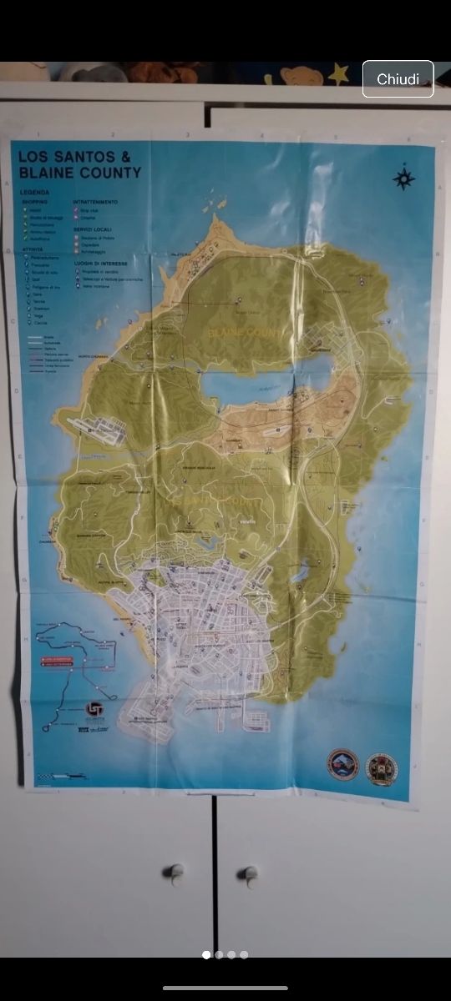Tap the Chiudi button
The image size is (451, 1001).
[x=398, y=79]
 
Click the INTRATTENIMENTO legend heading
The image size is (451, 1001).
[x=95, y=202]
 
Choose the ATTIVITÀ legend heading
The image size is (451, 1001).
[x=34, y=249]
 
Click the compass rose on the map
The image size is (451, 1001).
[x=403, y=179]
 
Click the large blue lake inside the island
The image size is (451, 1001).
[x=251, y=385]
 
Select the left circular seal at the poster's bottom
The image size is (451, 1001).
[x=342, y=763]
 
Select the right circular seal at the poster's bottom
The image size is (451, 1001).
[x=382, y=767]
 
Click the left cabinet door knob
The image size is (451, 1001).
[x=176, y=872]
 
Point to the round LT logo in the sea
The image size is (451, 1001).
[x=95, y=710]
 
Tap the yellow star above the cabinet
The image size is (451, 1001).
[x=338, y=74]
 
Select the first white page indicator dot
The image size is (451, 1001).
[x=205, y=954]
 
